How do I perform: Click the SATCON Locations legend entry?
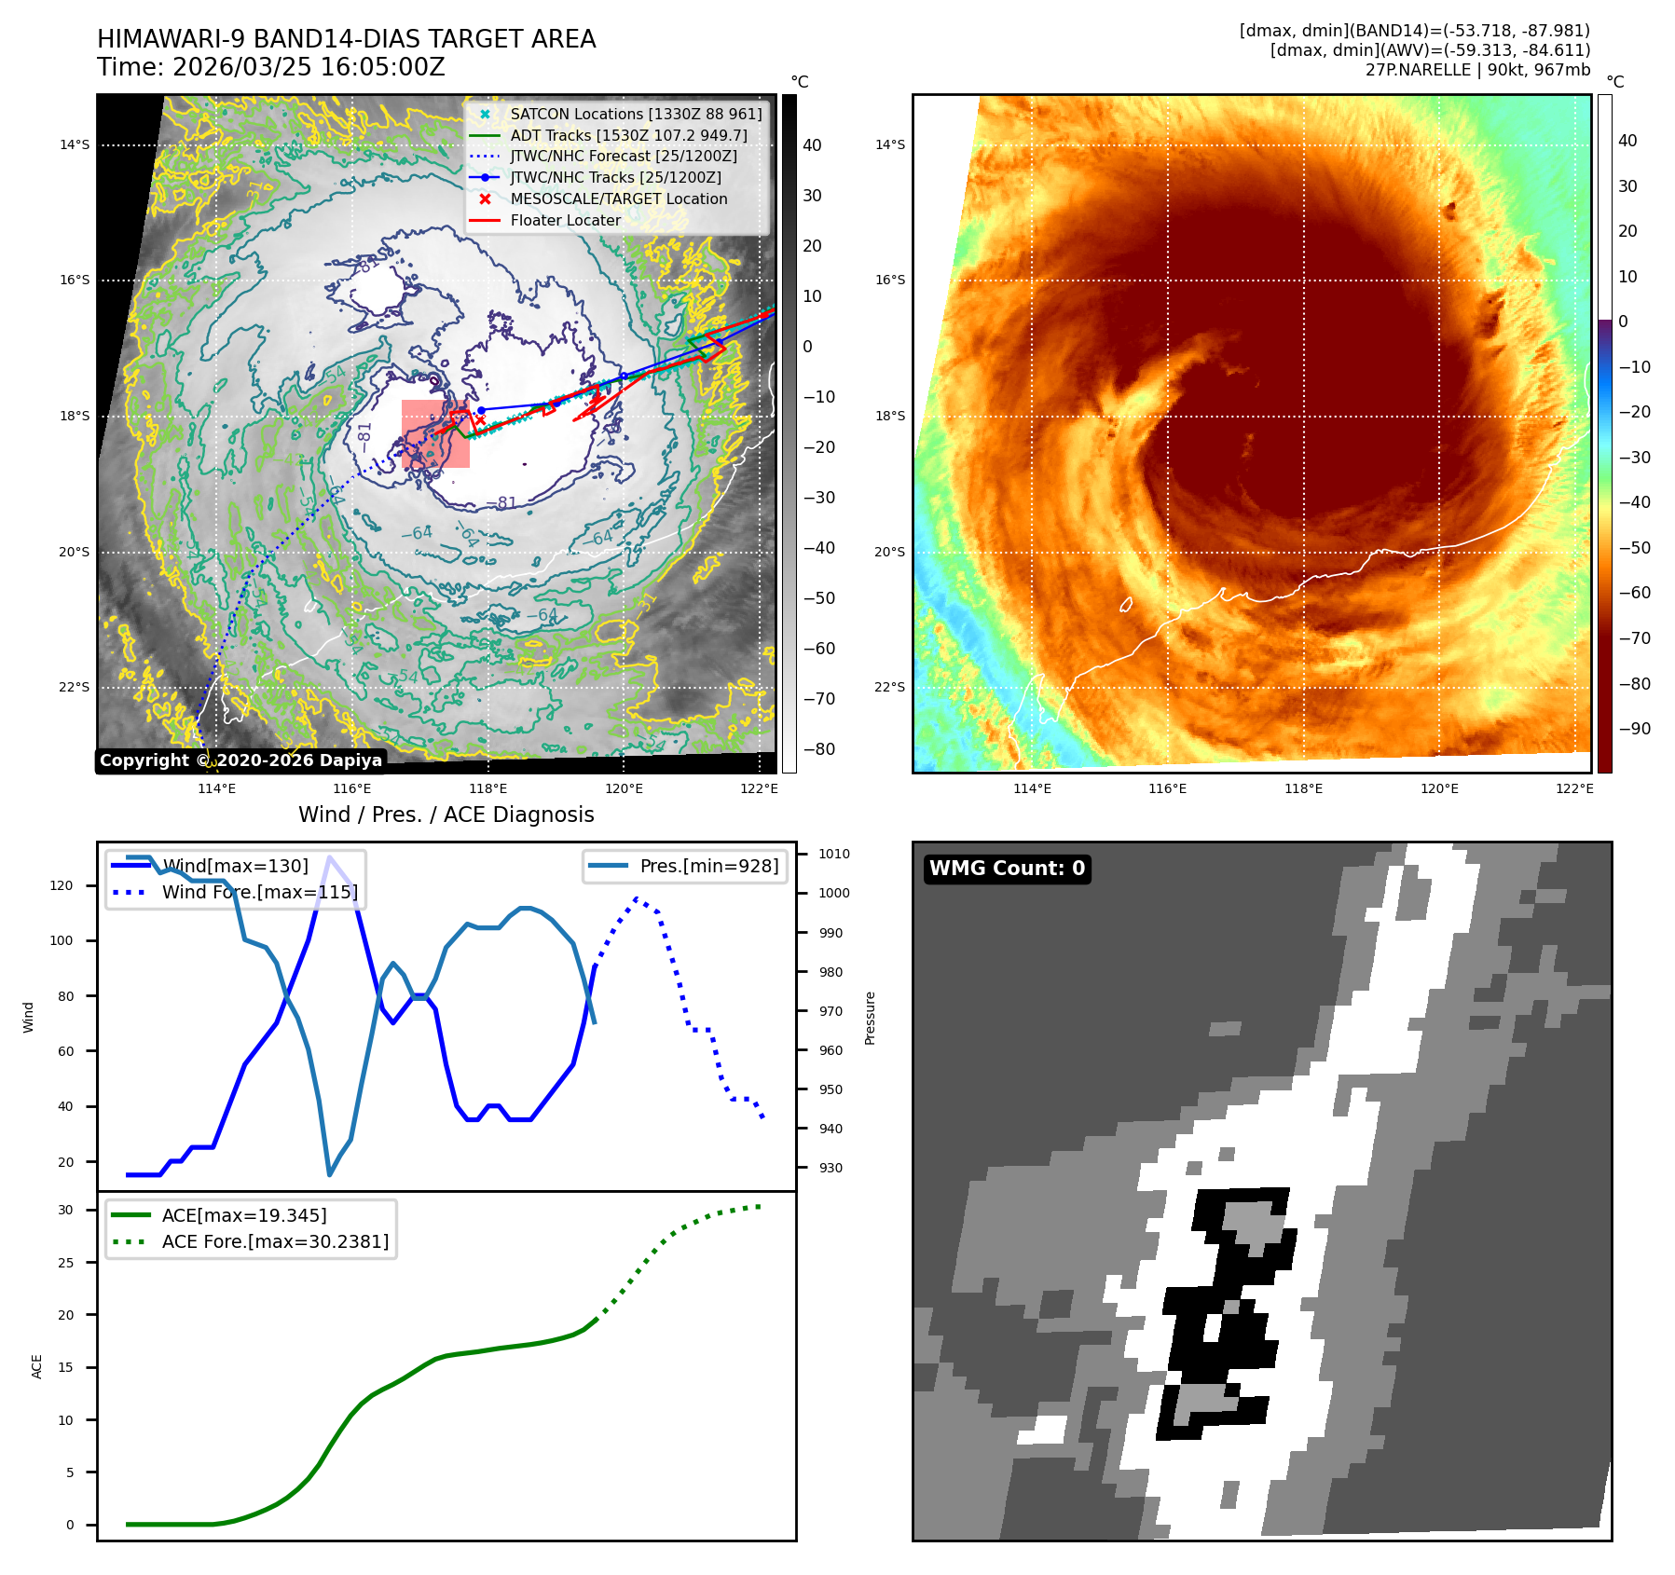tap(636, 114)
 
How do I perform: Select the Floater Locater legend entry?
tap(565, 220)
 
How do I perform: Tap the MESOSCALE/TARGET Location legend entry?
tap(618, 199)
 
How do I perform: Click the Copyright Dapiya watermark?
tap(240, 760)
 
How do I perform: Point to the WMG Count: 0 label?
tap(1007, 869)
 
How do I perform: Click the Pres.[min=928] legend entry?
tap(708, 866)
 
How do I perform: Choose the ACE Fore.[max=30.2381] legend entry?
tap(275, 1241)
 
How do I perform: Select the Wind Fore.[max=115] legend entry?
tap(259, 892)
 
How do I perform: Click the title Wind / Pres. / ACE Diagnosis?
tap(446, 815)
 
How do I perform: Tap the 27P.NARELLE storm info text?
tap(1477, 70)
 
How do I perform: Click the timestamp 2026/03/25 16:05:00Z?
tap(309, 67)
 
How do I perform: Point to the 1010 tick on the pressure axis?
tap(834, 854)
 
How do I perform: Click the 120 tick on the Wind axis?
tap(62, 885)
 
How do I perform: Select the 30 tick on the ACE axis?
tap(65, 1210)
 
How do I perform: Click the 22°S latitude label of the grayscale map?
tap(75, 688)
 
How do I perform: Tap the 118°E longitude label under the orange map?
tap(1303, 788)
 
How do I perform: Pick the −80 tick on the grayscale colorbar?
tap(819, 749)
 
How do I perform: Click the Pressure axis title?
tap(870, 1018)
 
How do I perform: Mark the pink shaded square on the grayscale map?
tap(435, 434)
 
